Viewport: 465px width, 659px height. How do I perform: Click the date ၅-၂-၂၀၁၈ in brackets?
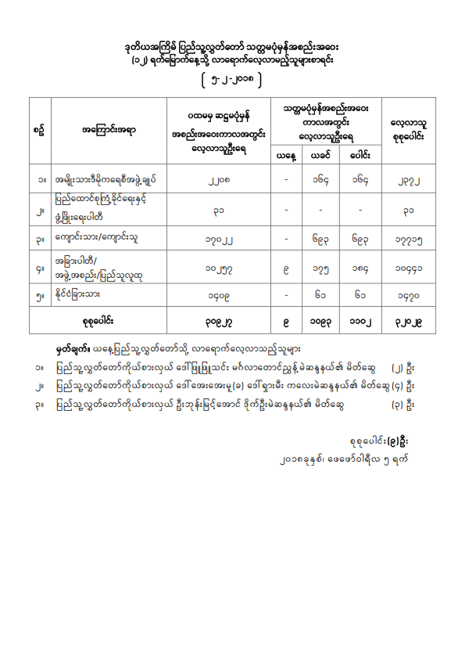pyautogui.click(x=232, y=79)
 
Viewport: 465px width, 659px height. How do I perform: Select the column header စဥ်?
pyautogui.click(x=39, y=131)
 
